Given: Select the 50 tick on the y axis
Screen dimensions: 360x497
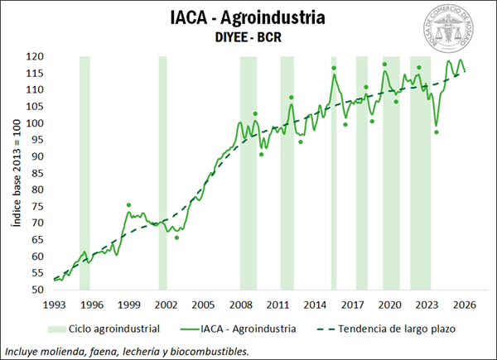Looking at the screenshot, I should (x=36, y=290).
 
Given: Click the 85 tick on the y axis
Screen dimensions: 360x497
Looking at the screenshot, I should (x=36, y=173).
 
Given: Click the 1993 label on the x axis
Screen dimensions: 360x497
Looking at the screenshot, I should (x=54, y=304).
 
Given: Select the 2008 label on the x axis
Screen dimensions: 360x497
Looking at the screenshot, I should (x=241, y=304).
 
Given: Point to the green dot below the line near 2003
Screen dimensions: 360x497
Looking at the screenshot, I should (x=176, y=238).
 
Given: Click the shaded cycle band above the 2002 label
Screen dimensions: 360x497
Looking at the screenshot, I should (x=163, y=166).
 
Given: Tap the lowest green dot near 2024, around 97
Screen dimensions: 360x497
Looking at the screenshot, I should (x=437, y=132).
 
